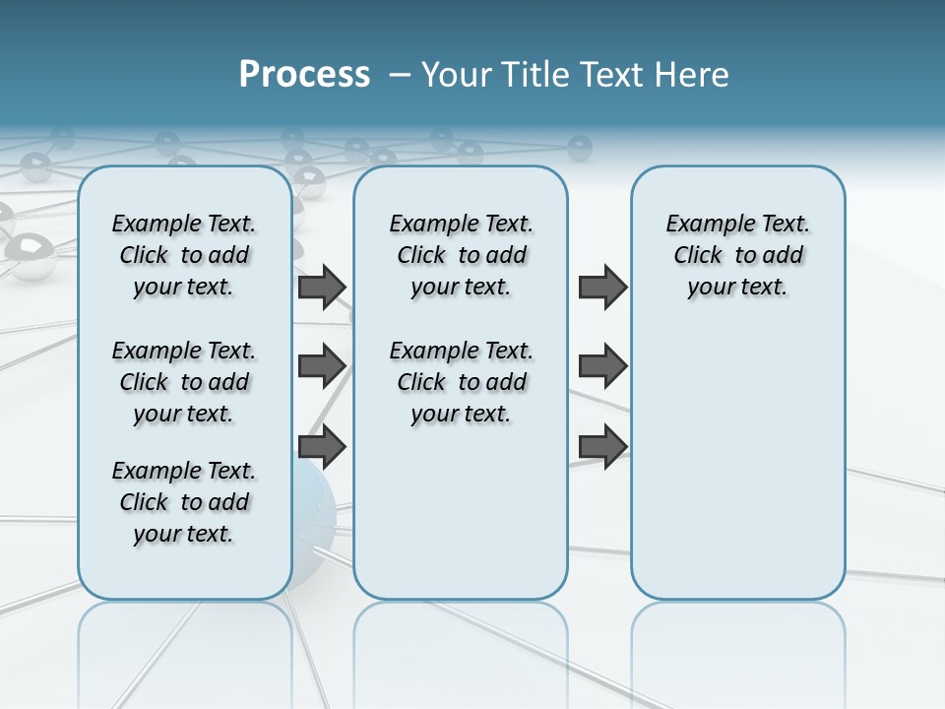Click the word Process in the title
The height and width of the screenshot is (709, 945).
[x=304, y=74]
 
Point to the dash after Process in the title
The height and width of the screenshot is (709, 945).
[x=400, y=75]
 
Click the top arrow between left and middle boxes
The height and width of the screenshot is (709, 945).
[x=322, y=287]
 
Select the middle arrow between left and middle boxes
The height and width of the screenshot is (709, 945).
[x=322, y=366]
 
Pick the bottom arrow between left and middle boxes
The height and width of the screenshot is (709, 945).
[x=322, y=446]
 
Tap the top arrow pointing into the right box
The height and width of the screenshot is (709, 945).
[x=602, y=287]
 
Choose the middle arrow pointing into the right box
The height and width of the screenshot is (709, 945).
[x=602, y=366]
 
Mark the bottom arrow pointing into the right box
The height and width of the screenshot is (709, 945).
[x=602, y=446]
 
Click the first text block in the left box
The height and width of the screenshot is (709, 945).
[x=184, y=255]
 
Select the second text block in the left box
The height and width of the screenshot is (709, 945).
[x=184, y=382]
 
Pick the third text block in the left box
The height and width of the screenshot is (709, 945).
[x=184, y=502]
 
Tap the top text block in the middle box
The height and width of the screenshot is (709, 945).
[x=461, y=255]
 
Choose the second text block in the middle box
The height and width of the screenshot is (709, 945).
[x=461, y=382]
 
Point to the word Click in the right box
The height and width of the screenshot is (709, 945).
[x=698, y=256]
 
